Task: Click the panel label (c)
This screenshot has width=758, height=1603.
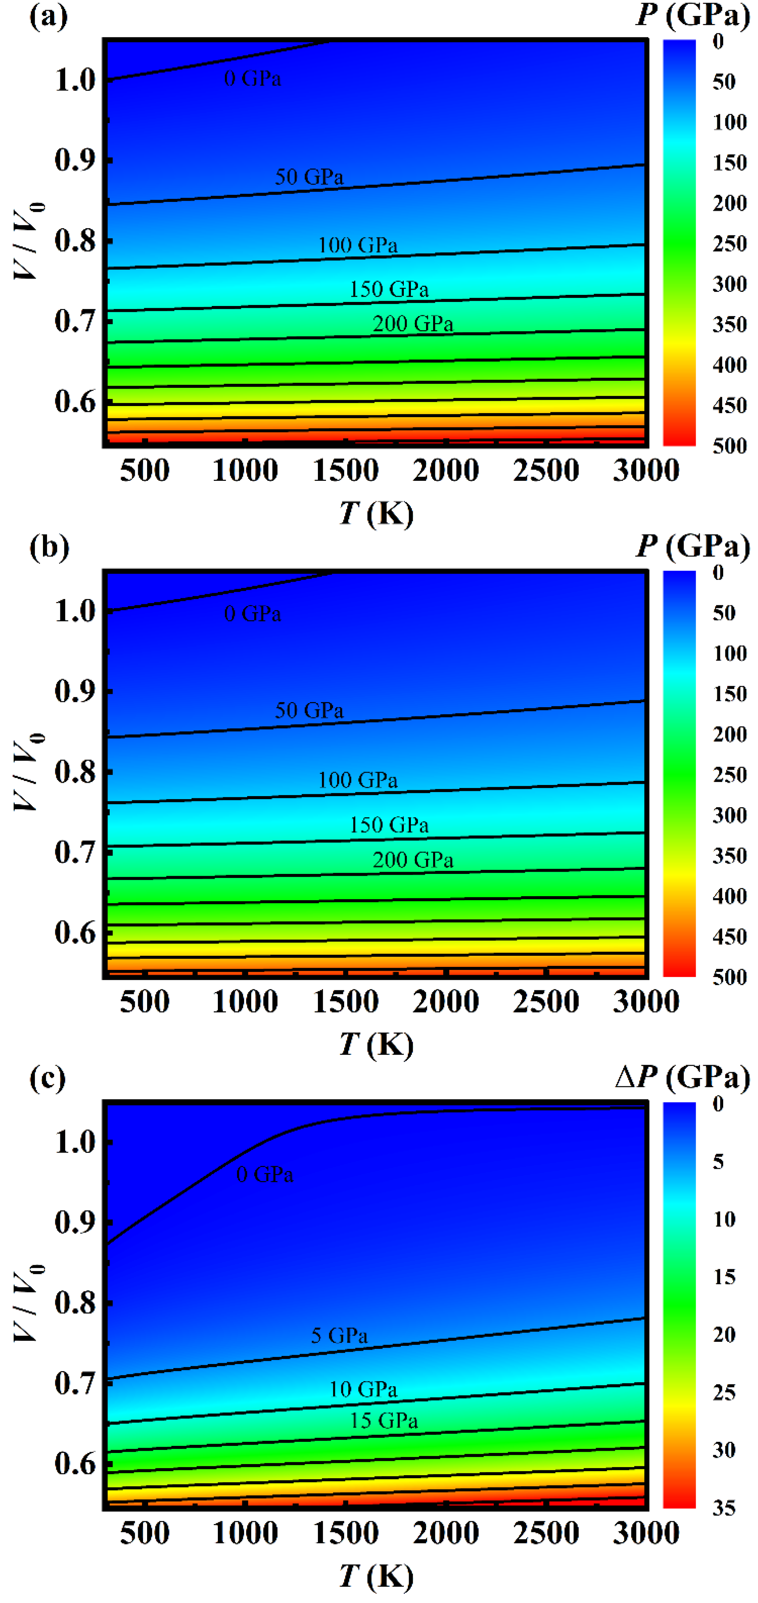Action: click(x=47, y=1078)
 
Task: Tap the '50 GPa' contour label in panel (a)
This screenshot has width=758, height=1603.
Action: click(x=309, y=177)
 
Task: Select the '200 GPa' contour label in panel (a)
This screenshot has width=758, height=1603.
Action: click(x=413, y=323)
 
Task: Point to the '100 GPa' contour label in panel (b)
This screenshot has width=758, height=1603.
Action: click(x=358, y=780)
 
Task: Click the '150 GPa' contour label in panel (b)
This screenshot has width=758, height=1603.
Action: click(x=389, y=825)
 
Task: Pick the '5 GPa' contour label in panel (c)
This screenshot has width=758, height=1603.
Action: click(x=339, y=1336)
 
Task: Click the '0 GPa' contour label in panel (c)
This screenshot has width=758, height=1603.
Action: click(x=265, y=1175)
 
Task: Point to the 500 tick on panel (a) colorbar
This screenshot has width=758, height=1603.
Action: click(x=730, y=446)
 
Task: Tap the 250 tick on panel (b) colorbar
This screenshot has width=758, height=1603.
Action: click(x=730, y=775)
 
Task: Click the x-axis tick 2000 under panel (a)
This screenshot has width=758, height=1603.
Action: click(x=446, y=470)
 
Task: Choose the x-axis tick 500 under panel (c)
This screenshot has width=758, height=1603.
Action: click(x=144, y=1533)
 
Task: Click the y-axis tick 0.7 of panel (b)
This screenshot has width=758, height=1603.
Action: click(x=75, y=852)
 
